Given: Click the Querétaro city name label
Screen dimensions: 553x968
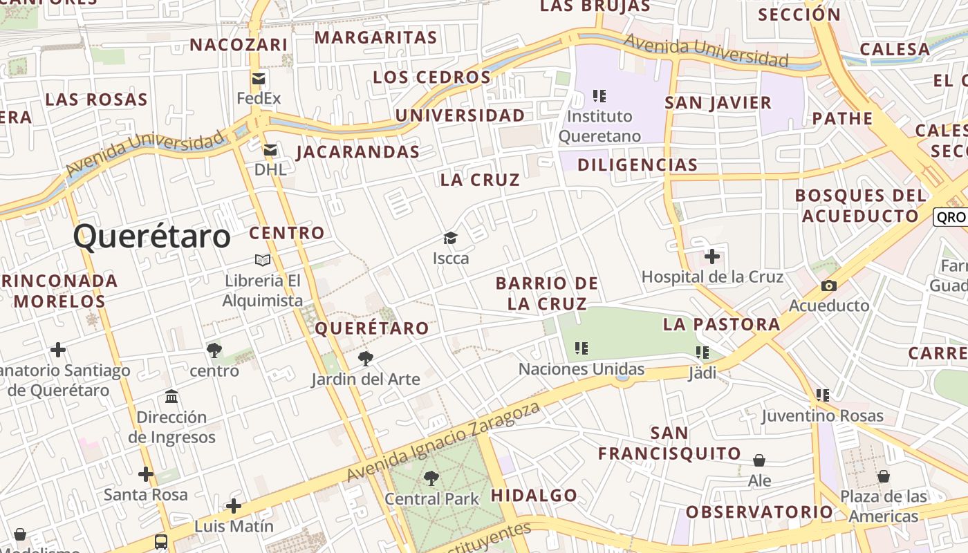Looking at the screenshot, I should tap(151, 236).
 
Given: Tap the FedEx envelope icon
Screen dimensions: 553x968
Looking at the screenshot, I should tap(259, 78).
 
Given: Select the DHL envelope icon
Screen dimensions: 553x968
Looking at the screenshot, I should tap(270, 149).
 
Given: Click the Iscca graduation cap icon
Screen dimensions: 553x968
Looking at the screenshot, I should tap(450, 238).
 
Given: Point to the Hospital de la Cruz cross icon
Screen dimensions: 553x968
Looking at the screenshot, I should tap(711, 257).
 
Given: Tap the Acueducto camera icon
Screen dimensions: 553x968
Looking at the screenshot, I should tap(828, 285).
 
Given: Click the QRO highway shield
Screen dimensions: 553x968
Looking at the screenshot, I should tap(951, 216).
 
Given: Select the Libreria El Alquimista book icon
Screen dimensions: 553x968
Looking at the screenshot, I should tap(263, 260).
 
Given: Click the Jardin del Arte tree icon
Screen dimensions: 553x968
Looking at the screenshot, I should tap(365, 358).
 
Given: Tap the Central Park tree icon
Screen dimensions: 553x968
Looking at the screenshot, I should tap(431, 478).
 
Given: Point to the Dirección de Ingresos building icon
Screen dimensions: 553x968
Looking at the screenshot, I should tap(171, 397).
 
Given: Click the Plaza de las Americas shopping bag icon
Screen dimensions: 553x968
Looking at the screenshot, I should tap(883, 476).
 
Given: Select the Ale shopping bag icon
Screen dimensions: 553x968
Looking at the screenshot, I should tap(759, 460).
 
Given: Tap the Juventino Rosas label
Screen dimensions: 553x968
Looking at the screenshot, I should tap(822, 415).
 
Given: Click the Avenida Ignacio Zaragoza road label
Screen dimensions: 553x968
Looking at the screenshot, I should tap(443, 442).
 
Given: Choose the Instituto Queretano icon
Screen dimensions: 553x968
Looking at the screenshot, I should tap(599, 95).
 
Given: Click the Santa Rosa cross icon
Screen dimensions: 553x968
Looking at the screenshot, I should tap(145, 474).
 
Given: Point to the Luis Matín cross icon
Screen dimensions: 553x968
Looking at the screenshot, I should tap(234, 506).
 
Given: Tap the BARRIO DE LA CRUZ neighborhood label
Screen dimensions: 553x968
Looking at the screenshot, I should tap(547, 293).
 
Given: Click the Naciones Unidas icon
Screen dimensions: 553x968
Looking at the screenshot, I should tap(581, 348).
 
